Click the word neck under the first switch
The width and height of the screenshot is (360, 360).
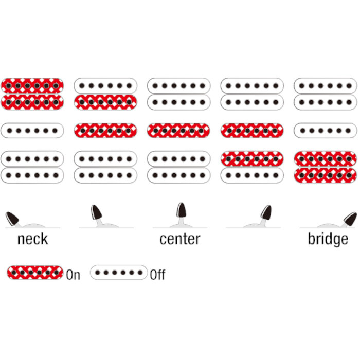click(x=32, y=239)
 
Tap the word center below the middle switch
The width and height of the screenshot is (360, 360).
click(x=180, y=239)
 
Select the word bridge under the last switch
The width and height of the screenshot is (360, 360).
click(x=328, y=240)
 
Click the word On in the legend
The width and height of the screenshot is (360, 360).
click(x=73, y=275)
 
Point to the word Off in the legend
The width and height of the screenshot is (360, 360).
click(x=157, y=274)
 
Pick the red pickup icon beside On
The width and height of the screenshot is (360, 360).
click(x=35, y=273)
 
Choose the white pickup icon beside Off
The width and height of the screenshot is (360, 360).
click(x=119, y=273)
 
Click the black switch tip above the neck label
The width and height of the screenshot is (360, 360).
click(x=12, y=219)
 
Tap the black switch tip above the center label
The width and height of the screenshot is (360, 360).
click(x=182, y=210)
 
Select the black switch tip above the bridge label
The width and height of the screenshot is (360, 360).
click(x=350, y=219)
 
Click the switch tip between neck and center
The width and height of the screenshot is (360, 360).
click(x=97, y=212)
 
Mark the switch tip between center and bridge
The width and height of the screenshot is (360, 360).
click(x=266, y=212)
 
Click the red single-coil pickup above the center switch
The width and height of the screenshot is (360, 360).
click(x=178, y=131)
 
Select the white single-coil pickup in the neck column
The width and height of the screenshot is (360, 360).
click(x=32, y=131)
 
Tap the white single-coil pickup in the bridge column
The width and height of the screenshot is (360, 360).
click(x=326, y=131)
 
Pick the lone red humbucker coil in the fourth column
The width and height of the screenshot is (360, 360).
click(x=252, y=159)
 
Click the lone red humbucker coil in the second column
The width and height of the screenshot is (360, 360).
click(x=105, y=102)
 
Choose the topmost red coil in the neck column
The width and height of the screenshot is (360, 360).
click(x=32, y=86)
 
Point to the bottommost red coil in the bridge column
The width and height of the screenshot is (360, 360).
click(x=326, y=175)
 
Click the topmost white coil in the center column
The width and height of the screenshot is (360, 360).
click(x=178, y=86)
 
